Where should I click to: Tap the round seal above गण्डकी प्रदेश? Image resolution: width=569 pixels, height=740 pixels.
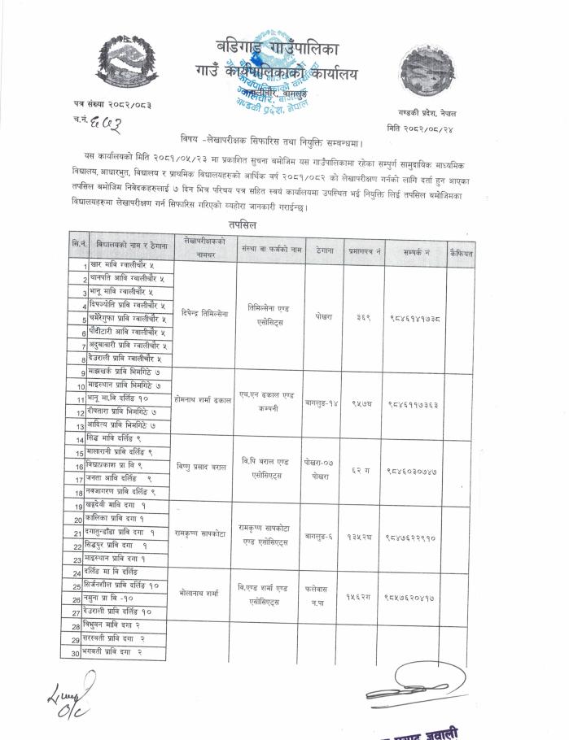[431, 71]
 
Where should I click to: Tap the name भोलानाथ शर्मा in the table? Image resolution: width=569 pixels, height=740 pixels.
[201, 594]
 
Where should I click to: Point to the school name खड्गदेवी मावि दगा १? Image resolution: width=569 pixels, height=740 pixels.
[123, 507]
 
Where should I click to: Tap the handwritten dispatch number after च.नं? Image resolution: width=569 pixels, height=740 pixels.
[105, 123]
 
